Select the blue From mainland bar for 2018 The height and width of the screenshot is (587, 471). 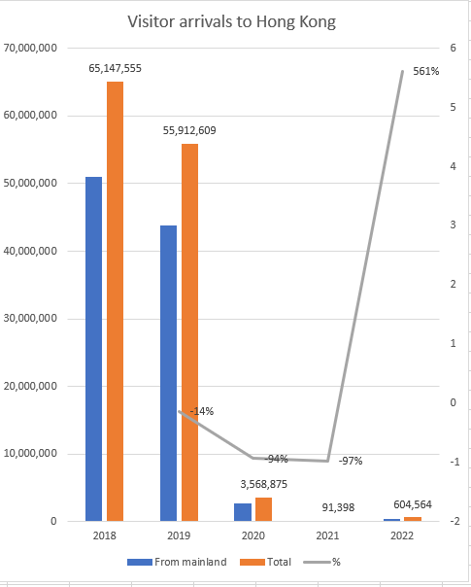point(93,349)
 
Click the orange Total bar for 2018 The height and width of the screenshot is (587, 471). point(115,301)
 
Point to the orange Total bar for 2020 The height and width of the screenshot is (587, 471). point(263,509)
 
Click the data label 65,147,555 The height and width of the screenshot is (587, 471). point(115,69)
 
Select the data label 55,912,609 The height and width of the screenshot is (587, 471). point(189,131)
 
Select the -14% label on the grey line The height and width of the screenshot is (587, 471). point(201,411)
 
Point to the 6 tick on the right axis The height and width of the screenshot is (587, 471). point(452,48)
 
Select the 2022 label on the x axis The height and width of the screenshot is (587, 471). point(404,535)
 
